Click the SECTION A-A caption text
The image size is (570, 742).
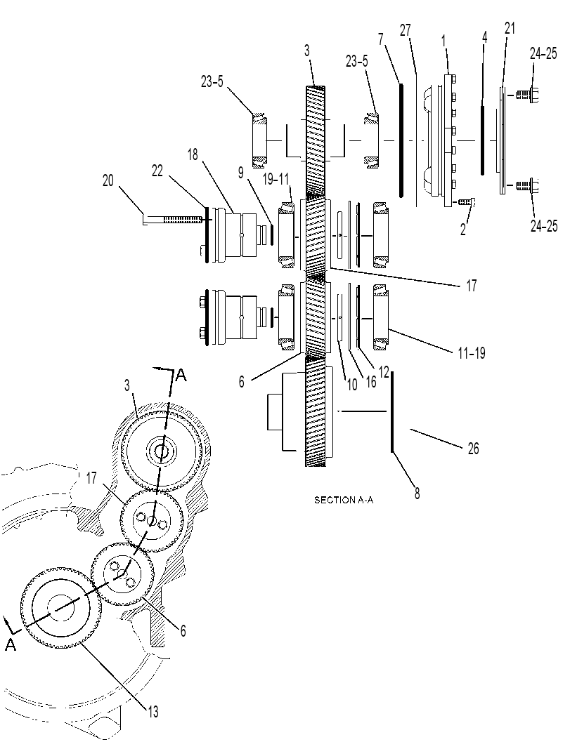point(344,500)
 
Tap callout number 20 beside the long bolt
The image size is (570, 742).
point(108,180)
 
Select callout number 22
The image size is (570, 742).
point(157,171)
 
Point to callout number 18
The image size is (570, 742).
point(193,154)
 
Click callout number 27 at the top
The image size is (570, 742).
point(405,30)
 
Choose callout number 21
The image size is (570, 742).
point(510,28)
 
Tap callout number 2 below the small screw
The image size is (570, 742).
point(463,230)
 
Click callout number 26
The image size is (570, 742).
point(473,448)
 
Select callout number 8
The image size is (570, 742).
point(417,493)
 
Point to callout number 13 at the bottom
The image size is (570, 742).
point(153,711)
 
